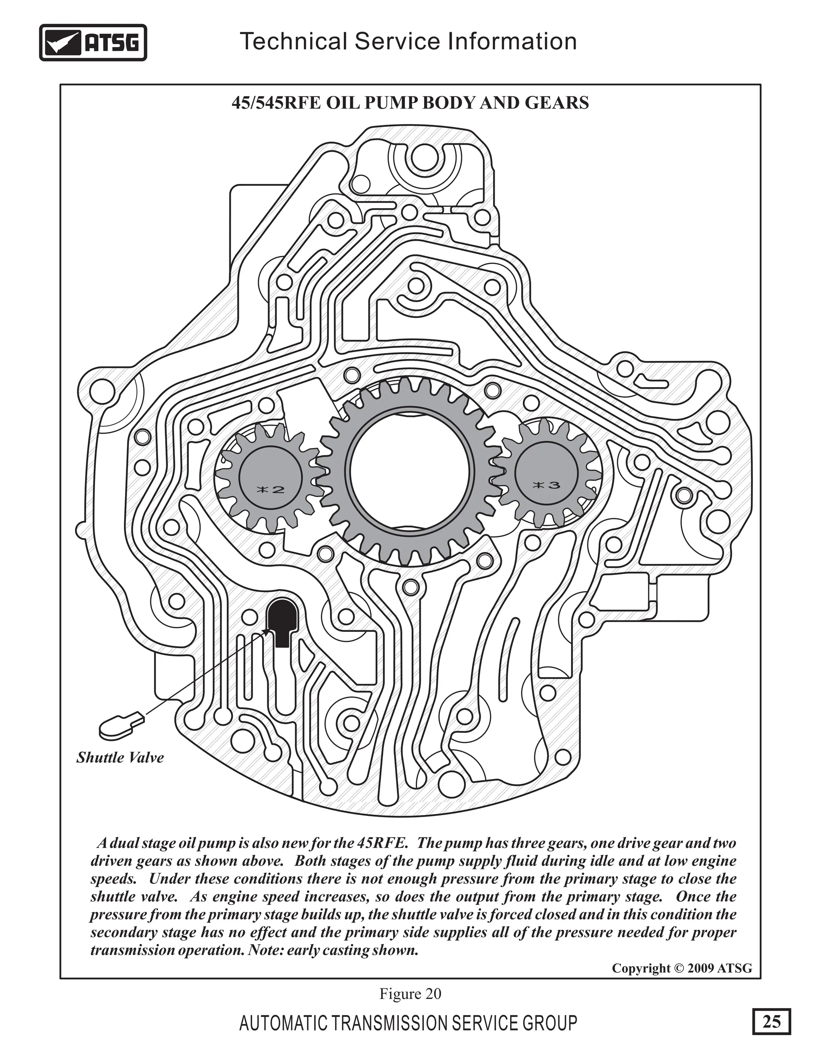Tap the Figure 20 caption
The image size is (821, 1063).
410,993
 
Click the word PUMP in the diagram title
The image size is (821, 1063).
392,103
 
